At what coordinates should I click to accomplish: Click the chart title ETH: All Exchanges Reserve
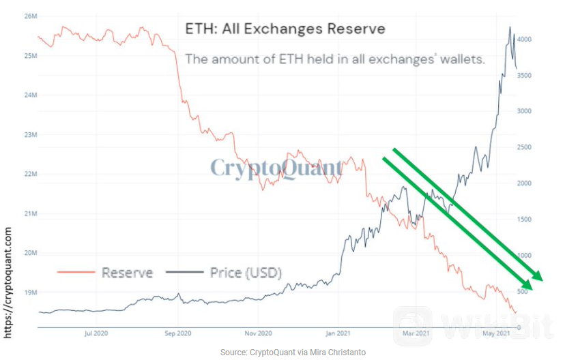[285, 29]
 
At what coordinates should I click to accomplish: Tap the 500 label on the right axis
[521, 292]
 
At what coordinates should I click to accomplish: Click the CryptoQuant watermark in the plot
[276, 167]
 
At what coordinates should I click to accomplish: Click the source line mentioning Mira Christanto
[293, 352]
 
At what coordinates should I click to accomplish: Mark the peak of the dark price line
[509, 27]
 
